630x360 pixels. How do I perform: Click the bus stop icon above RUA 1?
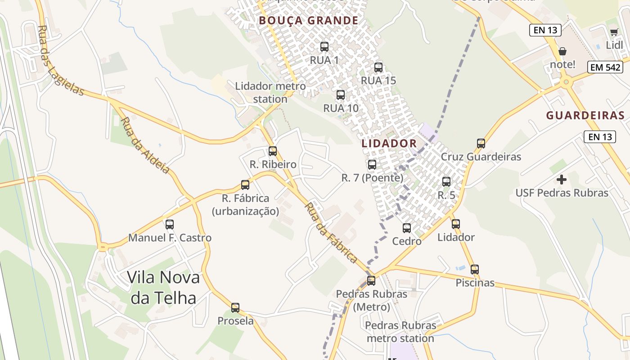(324, 46)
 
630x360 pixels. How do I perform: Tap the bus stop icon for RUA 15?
(378, 67)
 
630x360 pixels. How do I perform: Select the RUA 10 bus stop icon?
(341, 95)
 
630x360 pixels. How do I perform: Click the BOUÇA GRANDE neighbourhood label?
(308, 21)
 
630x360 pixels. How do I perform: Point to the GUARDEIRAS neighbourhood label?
(585, 115)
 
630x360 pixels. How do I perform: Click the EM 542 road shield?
(605, 67)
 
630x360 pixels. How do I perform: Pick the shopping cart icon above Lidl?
(614, 32)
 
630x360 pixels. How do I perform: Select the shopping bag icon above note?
(562, 51)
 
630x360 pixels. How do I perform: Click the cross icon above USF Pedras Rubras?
(562, 180)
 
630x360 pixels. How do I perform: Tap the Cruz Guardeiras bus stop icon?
(481, 144)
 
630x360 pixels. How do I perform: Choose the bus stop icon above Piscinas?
(475, 270)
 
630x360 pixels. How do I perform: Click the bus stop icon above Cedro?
(407, 228)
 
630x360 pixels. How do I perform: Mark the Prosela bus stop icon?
(235, 308)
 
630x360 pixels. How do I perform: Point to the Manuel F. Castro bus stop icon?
(170, 224)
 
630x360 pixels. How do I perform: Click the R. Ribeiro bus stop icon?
(273, 151)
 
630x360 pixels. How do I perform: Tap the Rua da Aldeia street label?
(145, 145)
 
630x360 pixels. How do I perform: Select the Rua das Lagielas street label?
(60, 61)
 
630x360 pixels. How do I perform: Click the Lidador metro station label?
(270, 92)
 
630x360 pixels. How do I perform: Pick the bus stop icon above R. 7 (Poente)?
(372, 165)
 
